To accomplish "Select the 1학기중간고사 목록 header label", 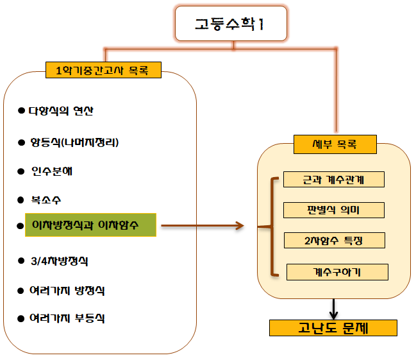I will click(x=103, y=69).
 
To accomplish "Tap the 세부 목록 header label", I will click(x=334, y=144).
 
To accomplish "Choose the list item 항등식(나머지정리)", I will click(x=74, y=142).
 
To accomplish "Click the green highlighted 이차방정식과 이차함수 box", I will click(x=90, y=225).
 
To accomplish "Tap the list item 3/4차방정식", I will click(x=59, y=261).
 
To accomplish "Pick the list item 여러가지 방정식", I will click(x=67, y=290).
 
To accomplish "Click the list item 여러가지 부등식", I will click(x=67, y=318).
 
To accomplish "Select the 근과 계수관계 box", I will click(x=333, y=179).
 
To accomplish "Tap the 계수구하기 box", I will click(x=337, y=272).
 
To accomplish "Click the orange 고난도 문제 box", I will click(x=333, y=328).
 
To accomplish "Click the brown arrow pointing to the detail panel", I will click(x=203, y=225).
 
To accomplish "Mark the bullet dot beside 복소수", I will click(x=21, y=200).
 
